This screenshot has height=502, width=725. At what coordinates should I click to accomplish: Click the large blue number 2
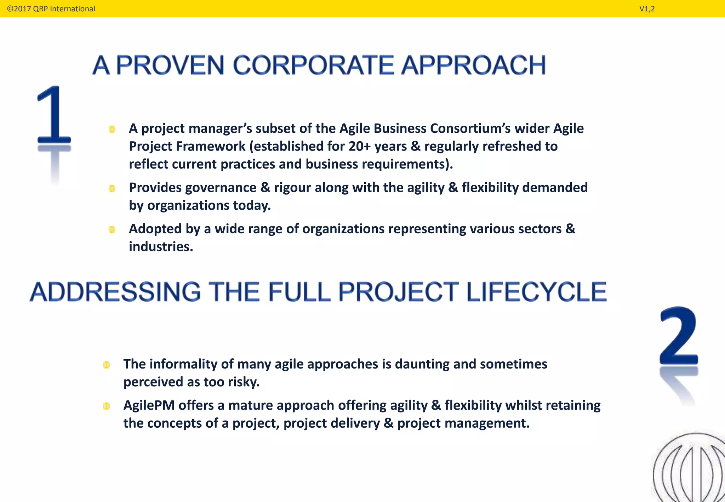[x=679, y=336]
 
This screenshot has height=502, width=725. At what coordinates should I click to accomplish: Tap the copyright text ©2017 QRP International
[x=51, y=9]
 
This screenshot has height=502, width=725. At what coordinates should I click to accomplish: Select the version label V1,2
[x=647, y=9]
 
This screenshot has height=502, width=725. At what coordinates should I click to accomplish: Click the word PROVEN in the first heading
[x=170, y=65]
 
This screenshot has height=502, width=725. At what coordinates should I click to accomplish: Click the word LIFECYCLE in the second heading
[x=536, y=292]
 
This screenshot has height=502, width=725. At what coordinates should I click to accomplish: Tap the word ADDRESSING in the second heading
[x=115, y=292]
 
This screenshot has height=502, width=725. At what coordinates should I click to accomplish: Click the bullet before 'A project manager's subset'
[x=112, y=130]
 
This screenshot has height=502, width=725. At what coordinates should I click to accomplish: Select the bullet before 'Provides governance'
[x=112, y=189]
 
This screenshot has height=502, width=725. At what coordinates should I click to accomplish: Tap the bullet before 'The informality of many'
[x=106, y=365]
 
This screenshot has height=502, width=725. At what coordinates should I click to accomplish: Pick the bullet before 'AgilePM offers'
[x=106, y=406]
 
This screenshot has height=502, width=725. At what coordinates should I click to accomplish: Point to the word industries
[x=161, y=247]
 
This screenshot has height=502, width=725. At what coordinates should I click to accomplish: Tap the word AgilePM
[x=149, y=405]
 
